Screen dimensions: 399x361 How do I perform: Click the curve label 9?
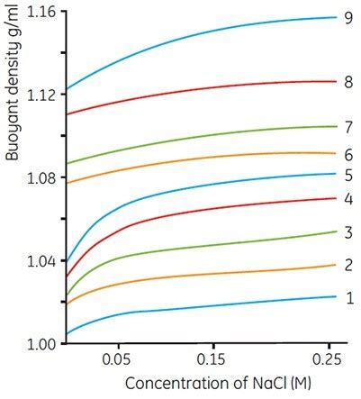347,17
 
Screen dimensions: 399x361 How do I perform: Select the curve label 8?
347,81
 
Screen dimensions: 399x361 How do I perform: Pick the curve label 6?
347,154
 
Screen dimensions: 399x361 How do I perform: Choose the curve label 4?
347,198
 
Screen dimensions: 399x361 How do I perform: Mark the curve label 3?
347,232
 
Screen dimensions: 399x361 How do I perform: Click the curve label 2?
347,265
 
